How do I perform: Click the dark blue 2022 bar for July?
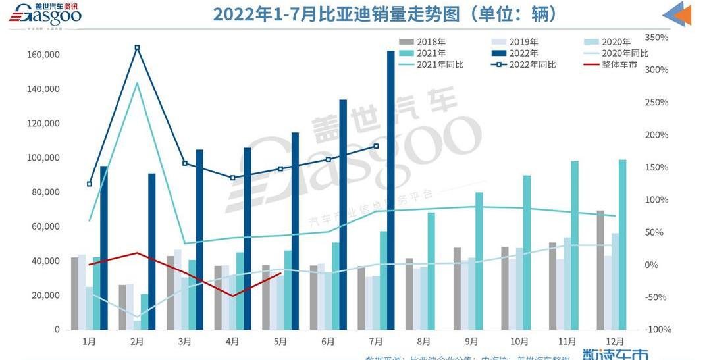point(390,191)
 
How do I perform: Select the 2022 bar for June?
point(343,215)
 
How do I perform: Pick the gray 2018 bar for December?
point(600,270)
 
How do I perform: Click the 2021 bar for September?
point(479,261)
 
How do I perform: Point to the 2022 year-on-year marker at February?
point(137,47)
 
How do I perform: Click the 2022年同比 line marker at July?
point(376,146)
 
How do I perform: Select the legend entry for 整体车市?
point(611,64)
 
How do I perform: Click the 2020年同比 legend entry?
point(616,53)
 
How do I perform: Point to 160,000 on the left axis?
point(44,55)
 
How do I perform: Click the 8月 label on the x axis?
point(423,342)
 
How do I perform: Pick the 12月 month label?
point(614,342)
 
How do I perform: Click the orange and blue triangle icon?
point(677,14)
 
